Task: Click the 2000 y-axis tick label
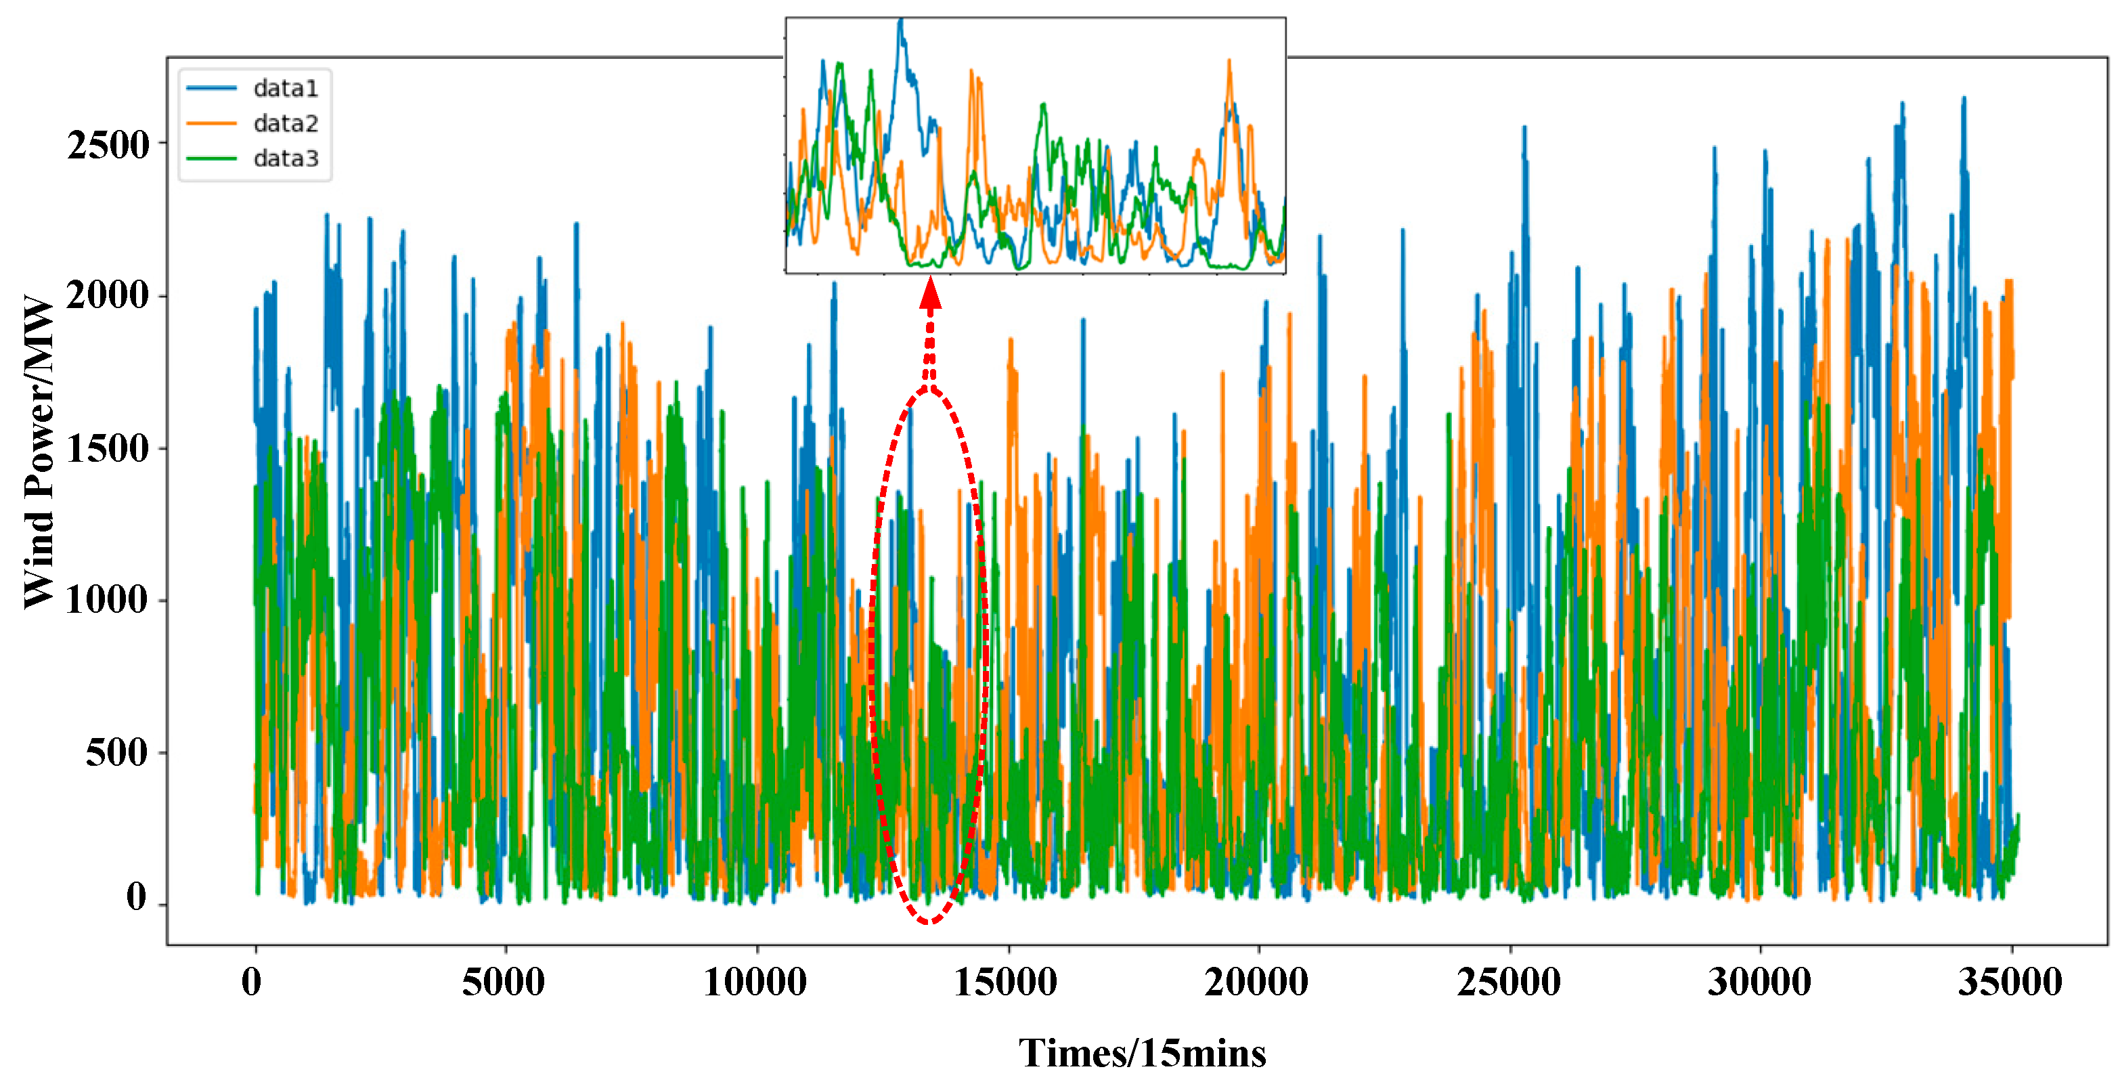point(107,295)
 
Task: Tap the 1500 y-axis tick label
point(107,449)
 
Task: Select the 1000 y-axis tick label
point(107,599)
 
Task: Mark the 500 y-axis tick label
point(116,752)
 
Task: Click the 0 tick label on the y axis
point(137,897)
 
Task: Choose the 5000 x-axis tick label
point(503,982)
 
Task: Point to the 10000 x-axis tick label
point(755,982)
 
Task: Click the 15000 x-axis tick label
point(1006,982)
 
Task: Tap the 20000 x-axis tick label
point(1256,982)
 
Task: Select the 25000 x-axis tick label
point(1509,982)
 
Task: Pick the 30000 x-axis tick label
point(1759,982)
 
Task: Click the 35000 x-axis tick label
point(2010,982)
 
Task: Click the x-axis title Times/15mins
point(1143,1054)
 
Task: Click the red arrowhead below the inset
point(930,294)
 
